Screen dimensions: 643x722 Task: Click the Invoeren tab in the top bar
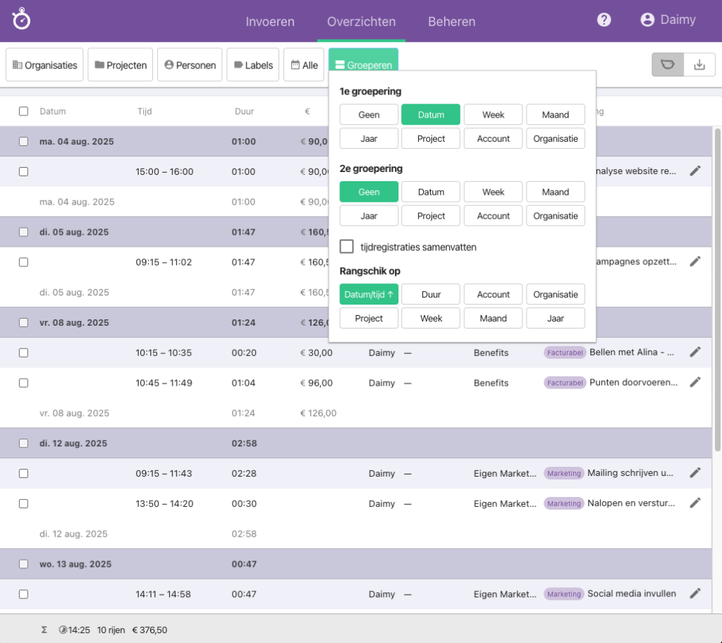click(270, 21)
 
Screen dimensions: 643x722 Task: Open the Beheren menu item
click(451, 21)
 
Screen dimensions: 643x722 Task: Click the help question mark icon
click(604, 20)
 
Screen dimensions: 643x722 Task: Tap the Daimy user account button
click(668, 20)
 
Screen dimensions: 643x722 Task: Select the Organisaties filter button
click(45, 65)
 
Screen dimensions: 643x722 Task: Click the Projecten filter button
click(120, 65)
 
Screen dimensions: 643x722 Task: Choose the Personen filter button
click(190, 65)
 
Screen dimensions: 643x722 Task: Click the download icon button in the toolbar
click(699, 65)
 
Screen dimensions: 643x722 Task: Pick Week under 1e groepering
click(494, 115)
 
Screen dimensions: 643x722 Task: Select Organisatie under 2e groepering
click(556, 216)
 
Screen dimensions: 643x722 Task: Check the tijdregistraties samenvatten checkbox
click(347, 247)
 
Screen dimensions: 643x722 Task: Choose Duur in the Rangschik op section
click(431, 295)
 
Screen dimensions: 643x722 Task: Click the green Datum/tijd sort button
click(369, 295)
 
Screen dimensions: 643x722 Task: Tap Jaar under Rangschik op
click(556, 318)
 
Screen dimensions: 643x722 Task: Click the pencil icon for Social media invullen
click(695, 594)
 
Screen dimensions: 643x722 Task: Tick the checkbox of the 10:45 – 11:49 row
click(23, 383)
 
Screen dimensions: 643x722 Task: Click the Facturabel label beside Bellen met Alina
click(565, 353)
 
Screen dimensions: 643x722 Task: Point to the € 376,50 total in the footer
click(149, 630)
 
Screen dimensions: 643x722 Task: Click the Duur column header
click(244, 111)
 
